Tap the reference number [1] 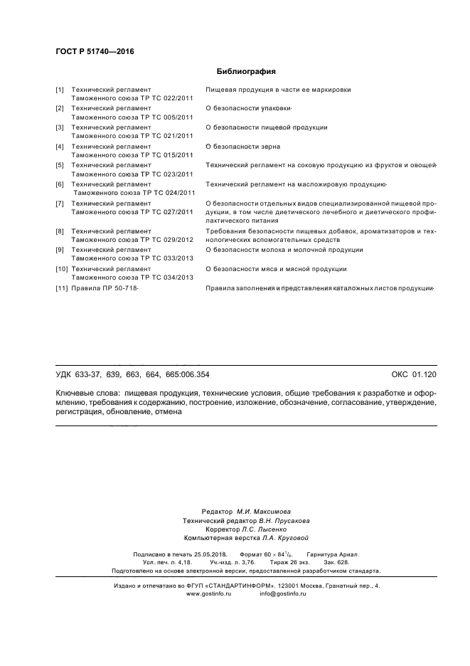60,90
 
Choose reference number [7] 60,203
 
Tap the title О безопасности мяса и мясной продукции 275,269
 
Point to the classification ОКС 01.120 414,374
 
